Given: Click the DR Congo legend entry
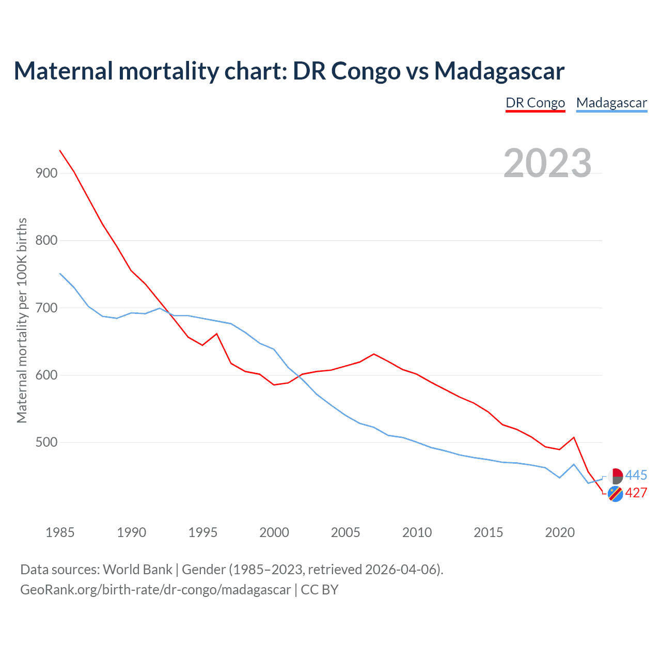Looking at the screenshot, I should (535, 103).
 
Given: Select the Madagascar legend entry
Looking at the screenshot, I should (611, 103).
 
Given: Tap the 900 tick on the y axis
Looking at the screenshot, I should (46, 173).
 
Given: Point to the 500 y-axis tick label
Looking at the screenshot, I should (46, 443).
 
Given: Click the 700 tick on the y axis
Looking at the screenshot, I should (46, 308).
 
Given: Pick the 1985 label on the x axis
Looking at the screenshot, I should (60, 532).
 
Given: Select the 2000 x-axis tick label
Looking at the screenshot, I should (274, 532).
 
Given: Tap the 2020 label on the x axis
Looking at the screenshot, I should (560, 532).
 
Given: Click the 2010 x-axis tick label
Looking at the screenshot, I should (417, 532).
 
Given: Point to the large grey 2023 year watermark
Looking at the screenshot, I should (547, 163).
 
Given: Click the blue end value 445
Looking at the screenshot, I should (636, 475).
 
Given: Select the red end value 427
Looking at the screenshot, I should (636, 493).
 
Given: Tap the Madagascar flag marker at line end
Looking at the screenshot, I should (615, 476).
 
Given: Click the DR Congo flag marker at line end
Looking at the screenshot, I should (615, 494).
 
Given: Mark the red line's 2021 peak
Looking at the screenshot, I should (574, 437).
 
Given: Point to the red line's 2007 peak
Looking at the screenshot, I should (374, 354).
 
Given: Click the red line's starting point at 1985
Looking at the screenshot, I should (60, 150).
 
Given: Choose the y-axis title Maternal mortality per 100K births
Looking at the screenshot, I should (22, 320).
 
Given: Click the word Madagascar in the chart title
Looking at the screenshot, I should (499, 71).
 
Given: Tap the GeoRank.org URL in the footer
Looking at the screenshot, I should (155, 590).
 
